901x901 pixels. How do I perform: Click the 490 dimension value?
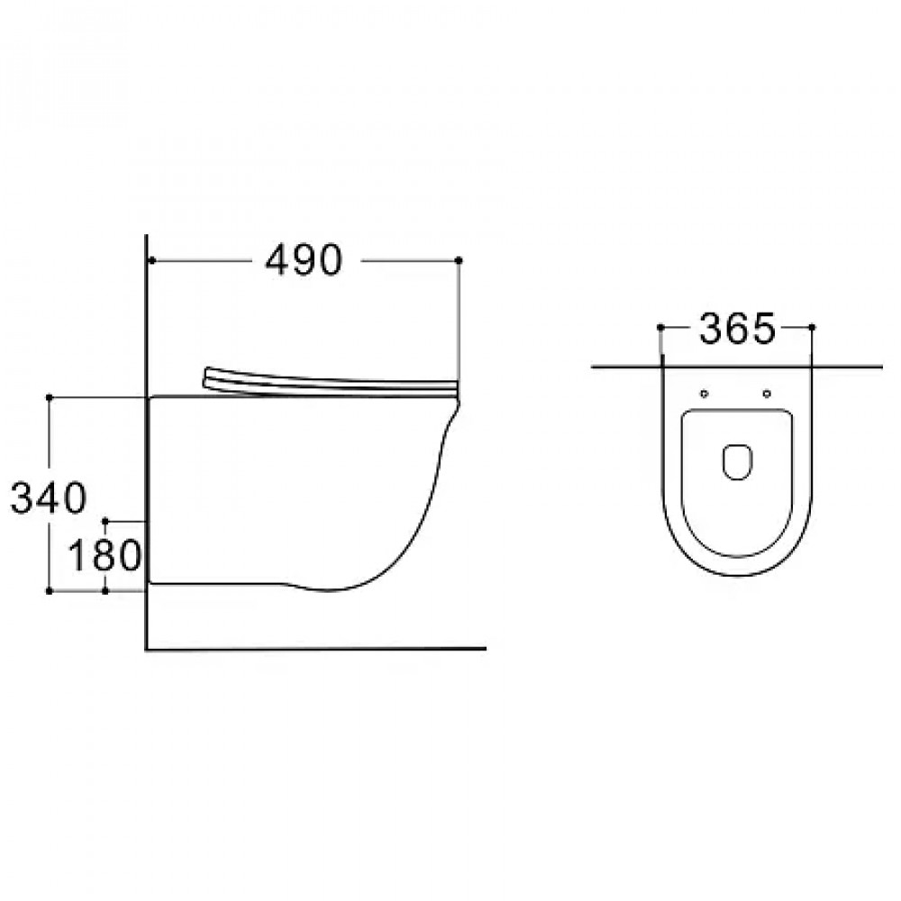point(304,260)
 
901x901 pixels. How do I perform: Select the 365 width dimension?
point(737,329)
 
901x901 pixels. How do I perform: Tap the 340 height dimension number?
point(49,497)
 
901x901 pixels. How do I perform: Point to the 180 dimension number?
point(105,556)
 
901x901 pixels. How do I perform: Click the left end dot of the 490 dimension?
point(151,261)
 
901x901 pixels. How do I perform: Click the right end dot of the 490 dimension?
point(459,261)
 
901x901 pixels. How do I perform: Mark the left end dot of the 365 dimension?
point(660,328)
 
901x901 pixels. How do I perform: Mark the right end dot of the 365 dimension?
point(812,328)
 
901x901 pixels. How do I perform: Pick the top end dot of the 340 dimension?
point(49,397)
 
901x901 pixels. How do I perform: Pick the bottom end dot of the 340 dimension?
point(49,591)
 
